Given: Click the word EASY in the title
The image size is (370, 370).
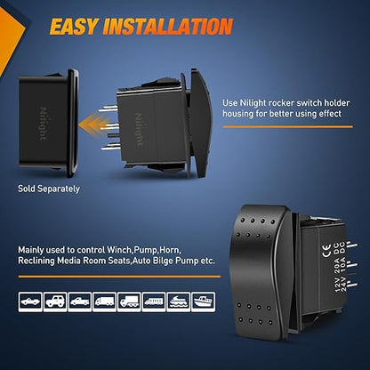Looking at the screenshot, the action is pyautogui.click(x=73, y=27).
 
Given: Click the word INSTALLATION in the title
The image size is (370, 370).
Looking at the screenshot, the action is pyautogui.click(x=167, y=27).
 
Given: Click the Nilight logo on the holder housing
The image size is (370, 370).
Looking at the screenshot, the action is pyautogui.click(x=44, y=124).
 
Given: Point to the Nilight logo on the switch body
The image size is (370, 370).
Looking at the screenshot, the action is pyautogui.click(x=139, y=130).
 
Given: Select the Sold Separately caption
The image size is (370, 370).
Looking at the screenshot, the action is pyautogui.click(x=49, y=189).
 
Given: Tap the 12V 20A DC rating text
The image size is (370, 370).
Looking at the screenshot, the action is pyautogui.click(x=338, y=266).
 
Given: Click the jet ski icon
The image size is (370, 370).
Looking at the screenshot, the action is pyautogui.click(x=179, y=302).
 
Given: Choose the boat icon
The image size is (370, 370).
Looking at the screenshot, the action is pyautogui.click(x=203, y=302).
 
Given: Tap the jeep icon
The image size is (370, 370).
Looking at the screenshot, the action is pyautogui.click(x=55, y=302).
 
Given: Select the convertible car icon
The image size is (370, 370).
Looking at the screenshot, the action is pyautogui.click(x=30, y=302).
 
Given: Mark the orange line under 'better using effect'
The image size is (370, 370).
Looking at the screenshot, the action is pyautogui.click(x=287, y=127).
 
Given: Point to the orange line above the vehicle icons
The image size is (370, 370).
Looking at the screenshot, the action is pyautogui.click(x=119, y=277).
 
